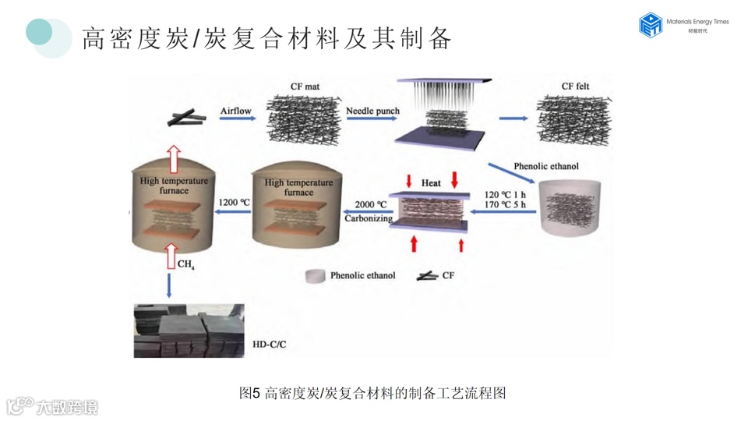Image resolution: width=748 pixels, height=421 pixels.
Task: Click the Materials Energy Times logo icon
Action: (650, 24)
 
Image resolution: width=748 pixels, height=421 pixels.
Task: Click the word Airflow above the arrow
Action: (235, 111)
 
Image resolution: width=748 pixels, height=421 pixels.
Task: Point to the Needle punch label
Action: (372, 111)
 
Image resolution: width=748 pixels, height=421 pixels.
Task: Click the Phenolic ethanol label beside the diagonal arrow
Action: (546, 166)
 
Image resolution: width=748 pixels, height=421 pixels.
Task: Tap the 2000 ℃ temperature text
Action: (371, 204)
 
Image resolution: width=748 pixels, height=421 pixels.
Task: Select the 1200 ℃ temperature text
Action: (234, 202)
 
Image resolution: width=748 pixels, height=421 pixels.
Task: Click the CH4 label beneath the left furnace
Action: (186, 264)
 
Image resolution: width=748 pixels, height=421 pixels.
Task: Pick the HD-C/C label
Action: (272, 343)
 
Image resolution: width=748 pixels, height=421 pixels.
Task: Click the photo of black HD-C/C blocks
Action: (189, 331)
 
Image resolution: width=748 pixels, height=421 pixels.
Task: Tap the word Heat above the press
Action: (431, 183)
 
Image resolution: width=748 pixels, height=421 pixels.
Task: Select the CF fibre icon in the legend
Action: (426, 276)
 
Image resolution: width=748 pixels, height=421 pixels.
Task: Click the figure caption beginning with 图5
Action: (372, 393)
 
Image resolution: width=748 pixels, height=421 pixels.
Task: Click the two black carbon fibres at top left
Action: (187, 118)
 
